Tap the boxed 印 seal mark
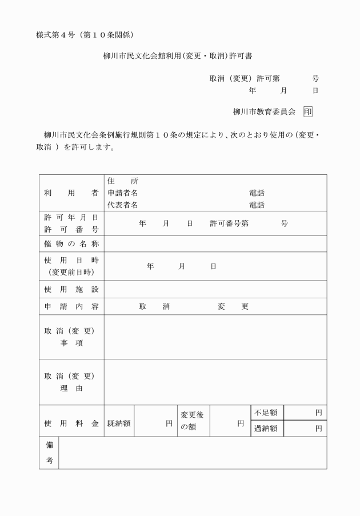click(307, 112)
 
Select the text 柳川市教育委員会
click(264, 112)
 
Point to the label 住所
click(123, 181)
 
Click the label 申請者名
click(123, 193)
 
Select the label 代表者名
click(123, 205)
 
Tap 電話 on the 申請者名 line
click(257, 193)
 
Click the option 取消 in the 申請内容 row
click(154, 307)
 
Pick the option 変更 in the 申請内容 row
click(233, 307)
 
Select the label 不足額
click(266, 413)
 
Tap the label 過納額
click(266, 429)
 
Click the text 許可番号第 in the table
click(229, 223)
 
